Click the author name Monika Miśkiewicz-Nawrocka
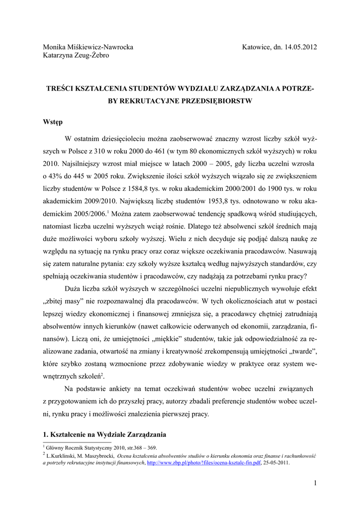coord(88,47)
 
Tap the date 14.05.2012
coord(301,47)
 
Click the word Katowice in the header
coord(257,47)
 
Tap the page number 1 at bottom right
coord(315,483)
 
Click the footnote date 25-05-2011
coord(276,462)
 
